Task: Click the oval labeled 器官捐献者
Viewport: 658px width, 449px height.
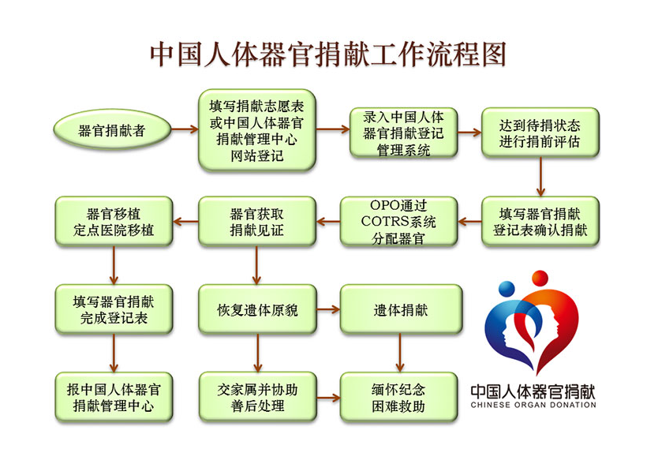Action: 113,129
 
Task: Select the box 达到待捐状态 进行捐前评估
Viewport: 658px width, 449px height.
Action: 540,133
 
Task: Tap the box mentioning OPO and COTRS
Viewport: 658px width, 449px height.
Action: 398,221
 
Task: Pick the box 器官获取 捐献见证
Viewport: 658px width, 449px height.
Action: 257,221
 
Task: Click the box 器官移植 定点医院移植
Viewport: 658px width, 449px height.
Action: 114,221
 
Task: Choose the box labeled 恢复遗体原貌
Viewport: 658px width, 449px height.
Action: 257,309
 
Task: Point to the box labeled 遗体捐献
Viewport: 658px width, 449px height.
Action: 401,309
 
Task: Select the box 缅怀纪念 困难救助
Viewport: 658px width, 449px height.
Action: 398,397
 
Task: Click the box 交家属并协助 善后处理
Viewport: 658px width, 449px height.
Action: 258,397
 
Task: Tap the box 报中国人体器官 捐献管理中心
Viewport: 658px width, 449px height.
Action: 114,397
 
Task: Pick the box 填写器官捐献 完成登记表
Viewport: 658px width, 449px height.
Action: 114,309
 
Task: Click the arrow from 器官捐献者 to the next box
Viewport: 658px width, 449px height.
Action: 185,129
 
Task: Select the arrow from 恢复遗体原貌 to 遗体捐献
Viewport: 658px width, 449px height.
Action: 328,309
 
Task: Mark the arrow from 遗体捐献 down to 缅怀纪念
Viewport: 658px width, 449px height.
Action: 400,353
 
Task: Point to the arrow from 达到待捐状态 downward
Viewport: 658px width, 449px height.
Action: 540,177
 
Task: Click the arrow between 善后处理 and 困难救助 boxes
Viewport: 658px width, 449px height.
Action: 328,398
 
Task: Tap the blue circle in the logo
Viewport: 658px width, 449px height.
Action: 507,289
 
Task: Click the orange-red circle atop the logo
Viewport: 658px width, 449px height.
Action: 540,279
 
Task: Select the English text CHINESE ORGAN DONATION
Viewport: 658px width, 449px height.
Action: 533,405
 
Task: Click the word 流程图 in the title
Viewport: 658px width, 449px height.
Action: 466,54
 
